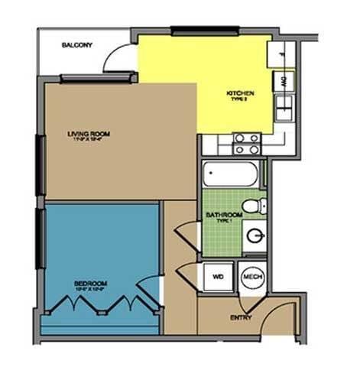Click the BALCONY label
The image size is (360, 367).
pyautogui.click(x=76, y=45)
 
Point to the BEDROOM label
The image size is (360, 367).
pyautogui.click(x=90, y=283)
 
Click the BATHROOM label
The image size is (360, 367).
pyautogui.click(x=224, y=216)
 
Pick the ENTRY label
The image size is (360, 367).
pyautogui.click(x=241, y=317)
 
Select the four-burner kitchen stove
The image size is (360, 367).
pyautogui.click(x=246, y=143)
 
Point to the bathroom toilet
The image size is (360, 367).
pyautogui.click(x=252, y=205)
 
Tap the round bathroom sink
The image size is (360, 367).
pyautogui.click(x=255, y=235)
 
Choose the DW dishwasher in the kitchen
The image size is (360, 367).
pyautogui.click(x=283, y=80)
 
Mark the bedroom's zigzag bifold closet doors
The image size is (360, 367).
pyautogui.click(x=99, y=305)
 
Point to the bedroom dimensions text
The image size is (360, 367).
pyautogui.click(x=90, y=290)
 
